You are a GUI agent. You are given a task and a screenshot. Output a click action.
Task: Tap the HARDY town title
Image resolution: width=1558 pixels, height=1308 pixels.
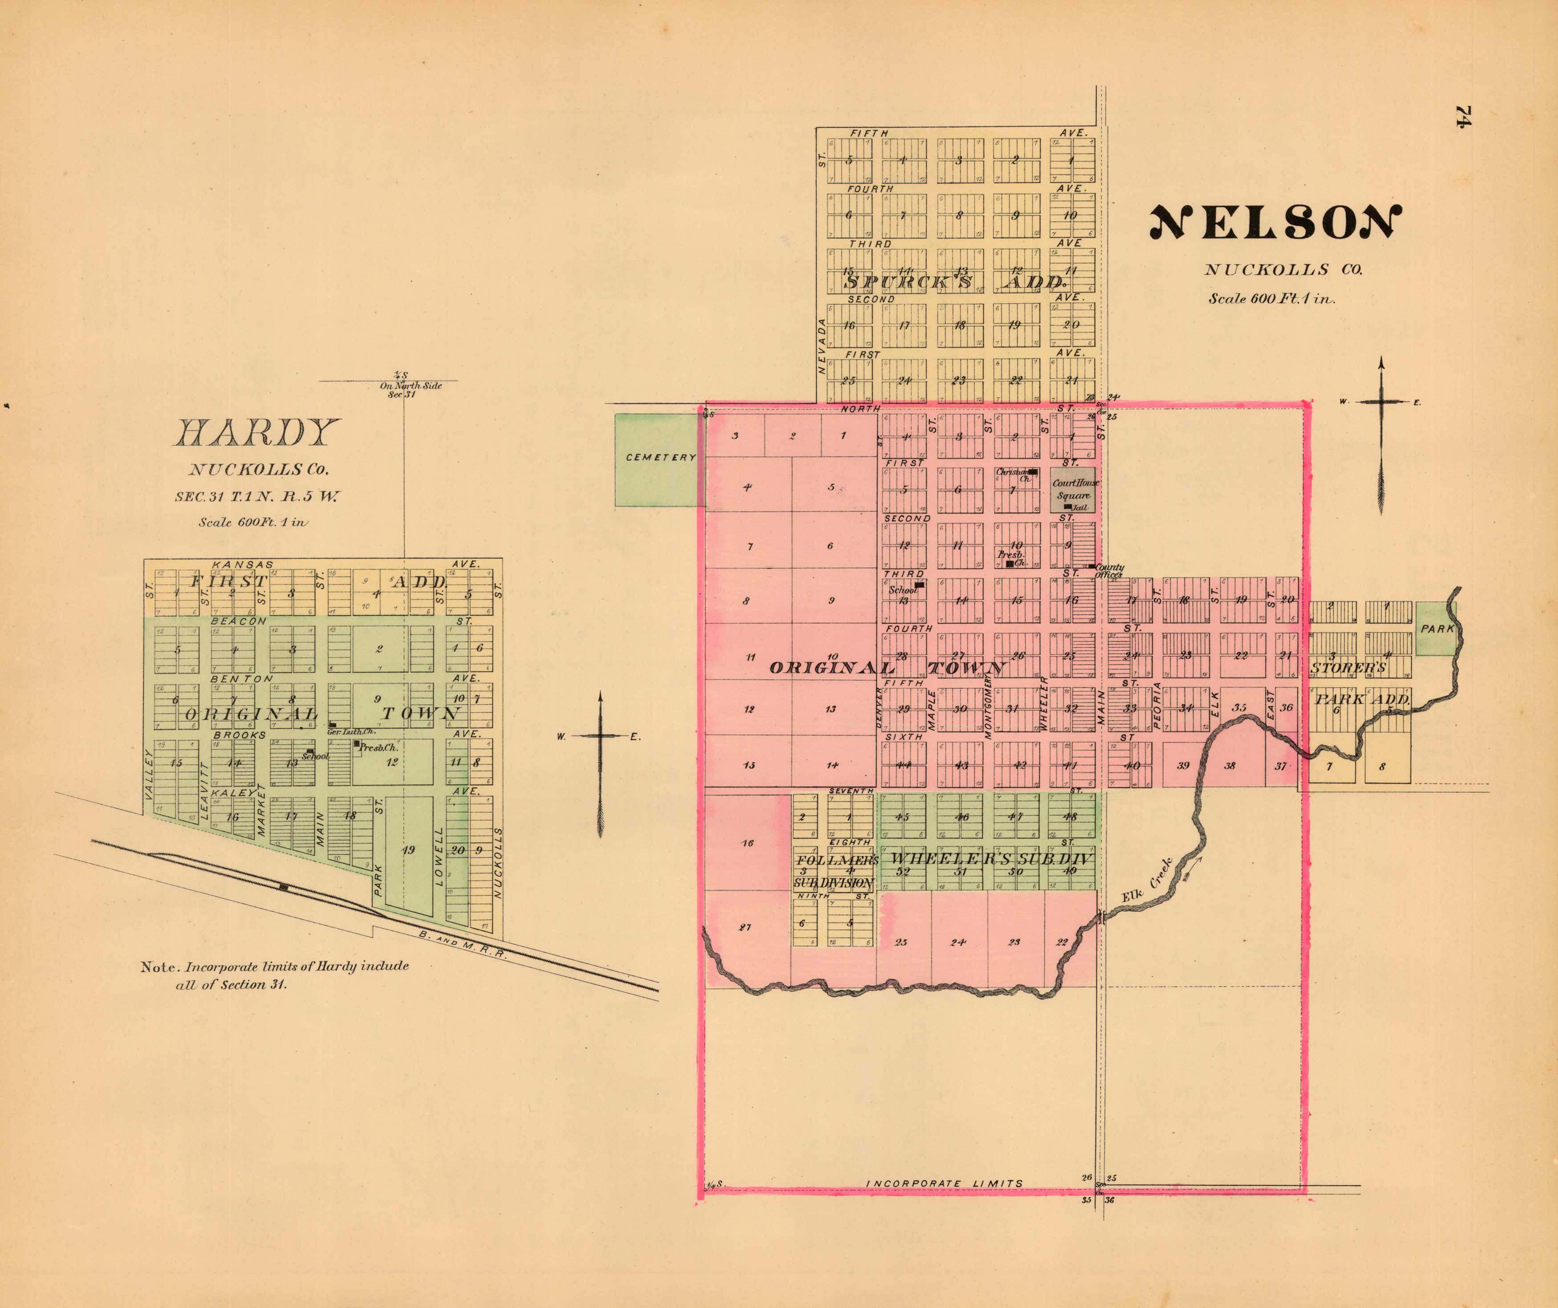pos(257,433)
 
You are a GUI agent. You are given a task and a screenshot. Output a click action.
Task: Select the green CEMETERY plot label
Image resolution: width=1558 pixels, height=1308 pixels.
pos(660,457)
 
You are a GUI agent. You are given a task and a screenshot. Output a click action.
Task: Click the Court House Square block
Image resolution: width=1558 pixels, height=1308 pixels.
pos(1074,491)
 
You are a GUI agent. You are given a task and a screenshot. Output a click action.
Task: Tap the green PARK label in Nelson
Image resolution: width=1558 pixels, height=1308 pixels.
pos(1436,629)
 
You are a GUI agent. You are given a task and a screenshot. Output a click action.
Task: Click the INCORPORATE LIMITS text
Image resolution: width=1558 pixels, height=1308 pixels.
pos(945,1183)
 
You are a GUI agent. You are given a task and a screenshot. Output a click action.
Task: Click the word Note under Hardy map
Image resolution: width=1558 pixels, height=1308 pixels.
pos(159,967)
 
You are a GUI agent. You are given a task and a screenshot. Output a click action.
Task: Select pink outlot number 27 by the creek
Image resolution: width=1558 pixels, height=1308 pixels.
pos(746,926)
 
